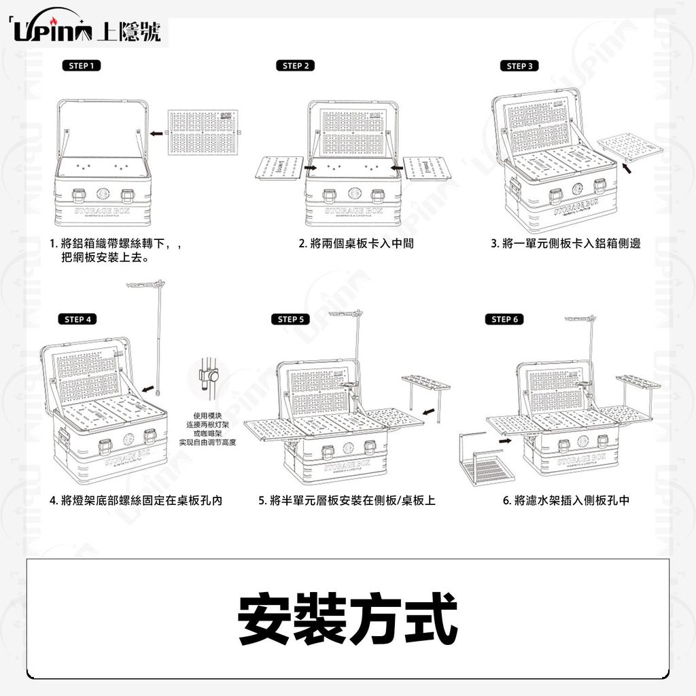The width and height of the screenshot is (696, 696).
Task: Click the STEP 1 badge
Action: (x=81, y=66)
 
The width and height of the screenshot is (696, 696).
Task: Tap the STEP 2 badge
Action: (x=296, y=66)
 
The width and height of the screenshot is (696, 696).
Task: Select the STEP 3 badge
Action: (x=519, y=66)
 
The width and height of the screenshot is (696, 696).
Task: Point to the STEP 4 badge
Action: (x=80, y=319)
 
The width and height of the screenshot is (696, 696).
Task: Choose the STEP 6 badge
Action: (x=504, y=319)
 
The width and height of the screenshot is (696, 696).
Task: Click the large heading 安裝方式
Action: (x=347, y=620)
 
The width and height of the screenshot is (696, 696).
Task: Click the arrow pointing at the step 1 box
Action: (x=157, y=134)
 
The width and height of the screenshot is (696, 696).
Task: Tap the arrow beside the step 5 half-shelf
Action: (x=427, y=411)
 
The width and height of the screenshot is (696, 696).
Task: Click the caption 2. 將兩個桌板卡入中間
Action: (x=356, y=243)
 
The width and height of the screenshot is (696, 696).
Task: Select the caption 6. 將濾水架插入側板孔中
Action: (x=565, y=501)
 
